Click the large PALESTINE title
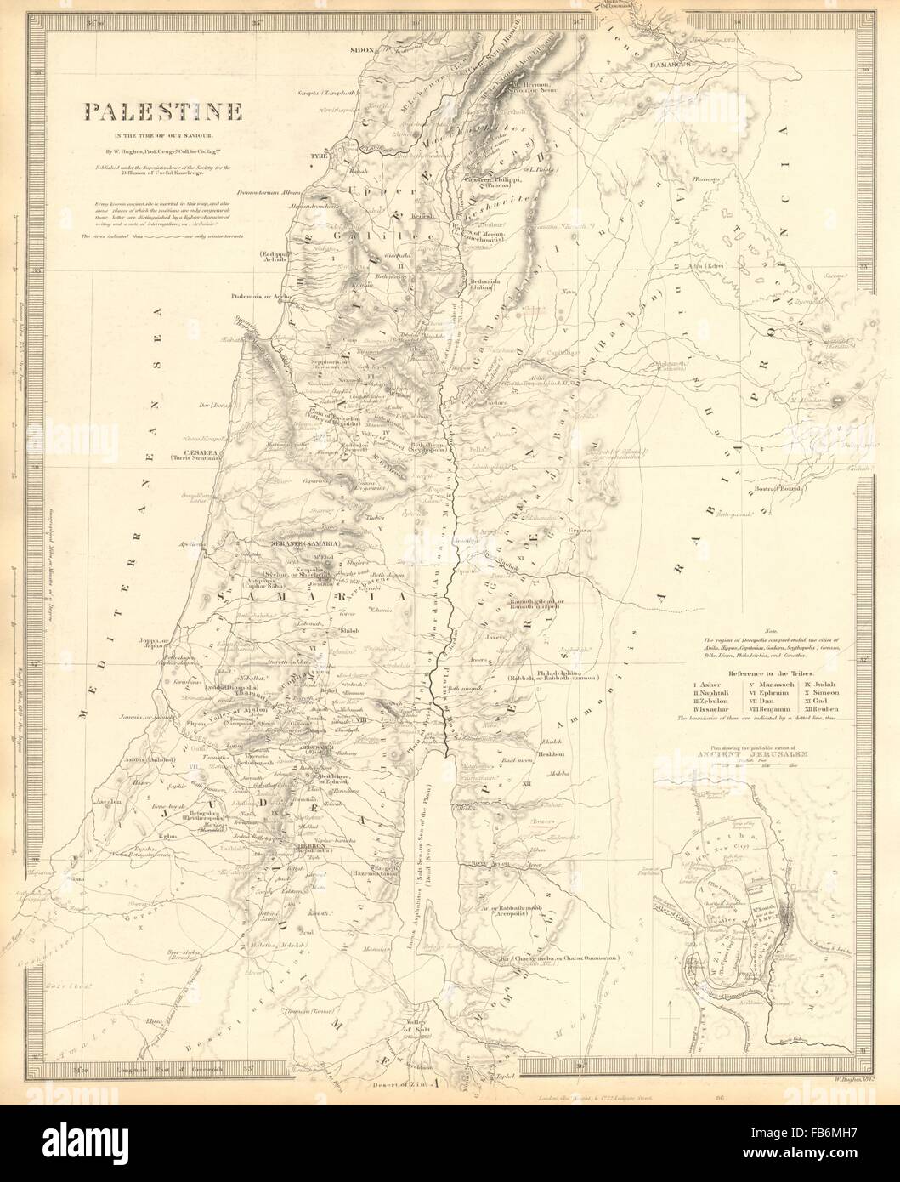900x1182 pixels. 161,111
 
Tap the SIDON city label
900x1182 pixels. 363,49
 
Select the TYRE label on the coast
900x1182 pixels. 320,157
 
